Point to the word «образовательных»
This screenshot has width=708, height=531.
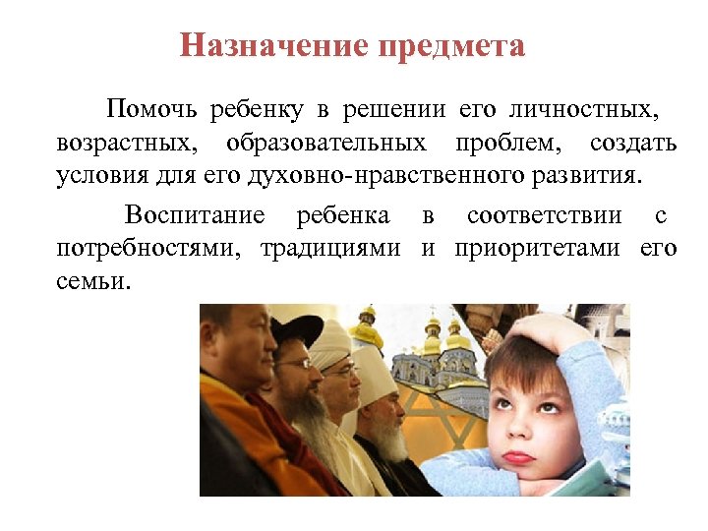pyautogui.click(x=326, y=144)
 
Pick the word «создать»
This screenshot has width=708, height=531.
pyautogui.click(x=633, y=144)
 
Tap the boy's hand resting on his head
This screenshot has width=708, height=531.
pyautogui.click(x=551, y=334)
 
